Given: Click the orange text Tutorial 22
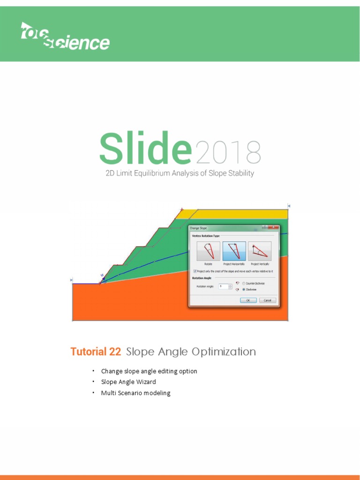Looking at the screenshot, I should click(96, 352).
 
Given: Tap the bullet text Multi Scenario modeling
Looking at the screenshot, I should click(135, 393).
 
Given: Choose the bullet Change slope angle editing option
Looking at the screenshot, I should click(149, 371).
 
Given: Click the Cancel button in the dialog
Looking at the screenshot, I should click(267, 300).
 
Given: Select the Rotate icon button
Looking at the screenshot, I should click(208, 251).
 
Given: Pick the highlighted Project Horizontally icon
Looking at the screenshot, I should click(234, 251).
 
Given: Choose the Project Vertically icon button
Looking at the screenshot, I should click(260, 251).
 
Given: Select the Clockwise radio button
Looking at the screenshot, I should click(244, 290).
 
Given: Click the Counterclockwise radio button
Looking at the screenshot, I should click(244, 283).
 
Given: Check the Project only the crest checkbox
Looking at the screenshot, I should click(195, 271).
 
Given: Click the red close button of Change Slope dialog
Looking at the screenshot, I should click(272, 228).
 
